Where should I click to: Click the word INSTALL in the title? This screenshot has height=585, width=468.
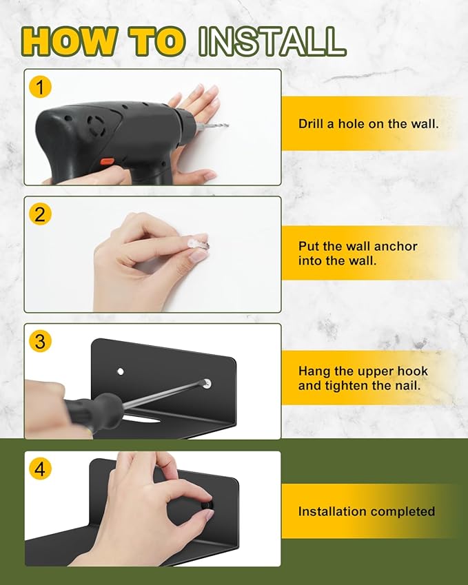click(x=272, y=41)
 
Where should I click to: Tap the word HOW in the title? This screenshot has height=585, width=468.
click(x=69, y=41)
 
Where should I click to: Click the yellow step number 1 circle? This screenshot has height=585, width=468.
click(x=40, y=87)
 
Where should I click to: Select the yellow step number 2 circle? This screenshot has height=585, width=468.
click(x=40, y=214)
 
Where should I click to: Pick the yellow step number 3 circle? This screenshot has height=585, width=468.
click(x=40, y=341)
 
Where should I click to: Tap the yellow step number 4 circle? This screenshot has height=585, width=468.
click(x=40, y=469)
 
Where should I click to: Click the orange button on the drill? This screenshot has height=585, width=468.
click(x=107, y=161)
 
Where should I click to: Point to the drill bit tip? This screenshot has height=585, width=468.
click(x=227, y=125)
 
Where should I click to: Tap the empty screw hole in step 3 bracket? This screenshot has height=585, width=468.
click(x=121, y=371)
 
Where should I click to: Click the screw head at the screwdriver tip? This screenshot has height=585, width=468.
click(x=207, y=383)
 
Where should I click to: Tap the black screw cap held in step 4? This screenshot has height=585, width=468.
click(x=207, y=505)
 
